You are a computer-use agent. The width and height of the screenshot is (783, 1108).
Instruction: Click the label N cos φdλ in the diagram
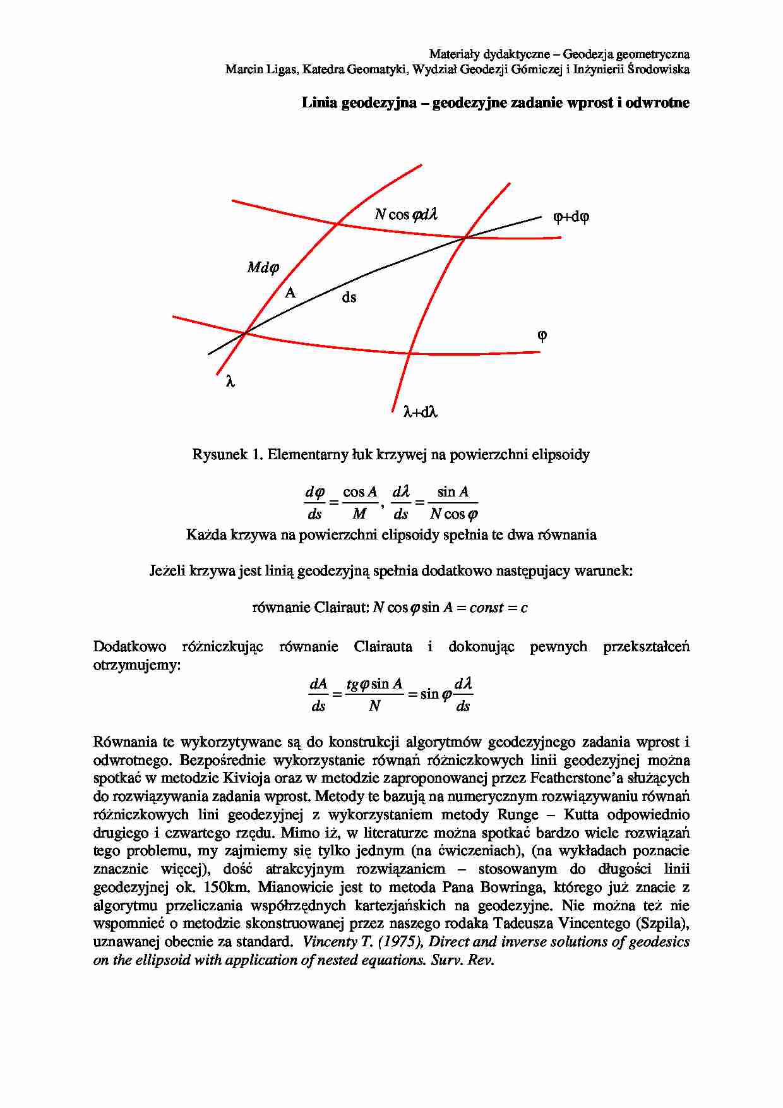click(x=406, y=215)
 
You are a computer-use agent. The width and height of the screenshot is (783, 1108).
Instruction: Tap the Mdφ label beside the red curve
click(x=263, y=268)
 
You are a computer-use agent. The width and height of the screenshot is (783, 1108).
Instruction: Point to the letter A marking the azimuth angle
click(x=290, y=292)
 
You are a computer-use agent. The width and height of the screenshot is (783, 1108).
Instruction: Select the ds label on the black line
click(x=349, y=297)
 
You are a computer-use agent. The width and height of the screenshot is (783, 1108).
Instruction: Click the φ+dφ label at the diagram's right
click(x=571, y=217)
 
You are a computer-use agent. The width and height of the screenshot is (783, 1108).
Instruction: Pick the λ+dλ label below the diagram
click(x=421, y=412)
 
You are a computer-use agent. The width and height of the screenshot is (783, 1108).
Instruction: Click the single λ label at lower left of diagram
click(x=230, y=382)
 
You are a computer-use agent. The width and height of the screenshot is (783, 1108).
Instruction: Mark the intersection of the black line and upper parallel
click(x=465, y=237)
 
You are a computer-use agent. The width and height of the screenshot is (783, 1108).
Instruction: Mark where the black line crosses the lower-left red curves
click(x=245, y=332)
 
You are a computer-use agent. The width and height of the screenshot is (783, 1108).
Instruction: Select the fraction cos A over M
click(x=359, y=503)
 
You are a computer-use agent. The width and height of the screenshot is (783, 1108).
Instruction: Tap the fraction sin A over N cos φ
click(x=453, y=503)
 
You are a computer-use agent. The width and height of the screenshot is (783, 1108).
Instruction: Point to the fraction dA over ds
click(x=318, y=695)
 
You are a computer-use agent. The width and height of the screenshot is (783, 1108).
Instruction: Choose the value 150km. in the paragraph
click(x=227, y=888)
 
